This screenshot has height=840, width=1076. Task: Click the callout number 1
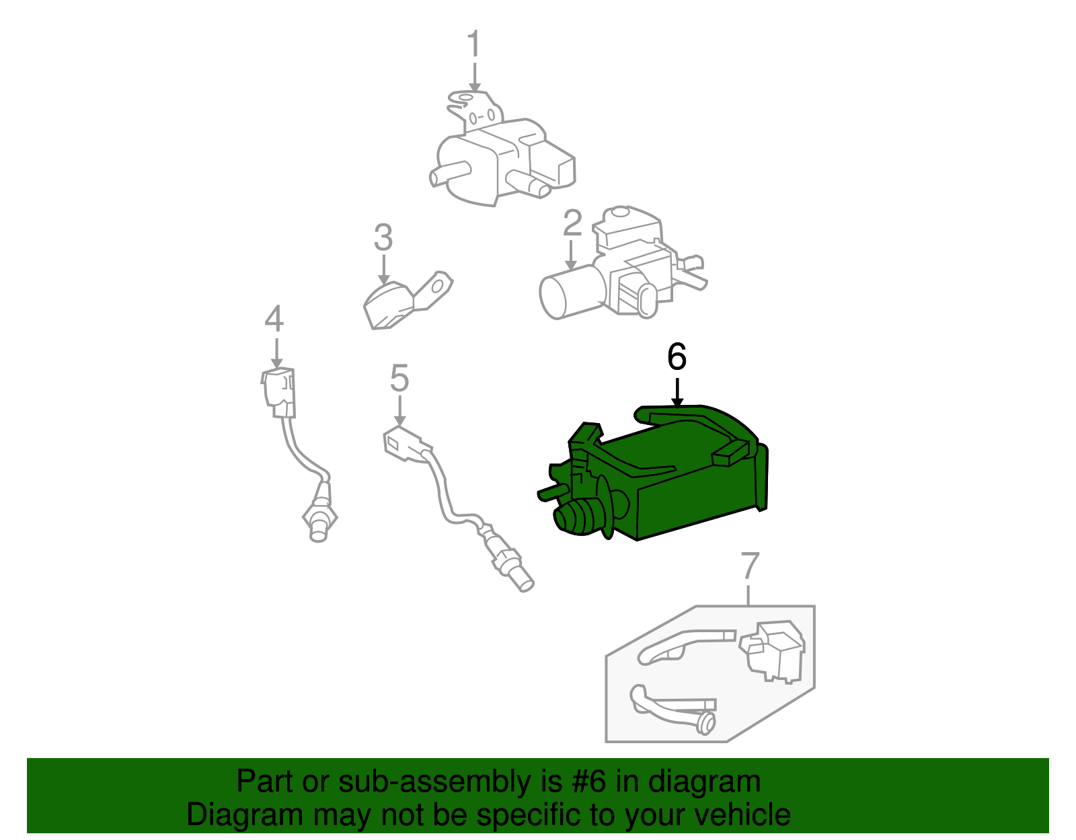(x=474, y=44)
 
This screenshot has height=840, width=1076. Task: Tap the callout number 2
(x=572, y=223)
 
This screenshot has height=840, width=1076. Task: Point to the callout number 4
(x=274, y=319)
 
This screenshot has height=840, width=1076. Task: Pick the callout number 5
(x=399, y=378)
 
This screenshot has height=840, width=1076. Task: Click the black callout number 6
(x=677, y=356)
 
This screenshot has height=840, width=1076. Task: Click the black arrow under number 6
(x=677, y=393)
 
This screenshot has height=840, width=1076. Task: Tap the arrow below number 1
(x=475, y=77)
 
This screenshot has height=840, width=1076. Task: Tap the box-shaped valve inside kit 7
(x=773, y=649)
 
